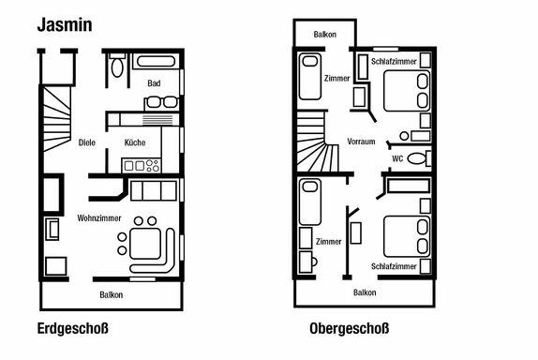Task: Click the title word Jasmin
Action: click(65, 25)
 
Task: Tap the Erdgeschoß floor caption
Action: click(73, 328)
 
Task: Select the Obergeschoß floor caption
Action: click(350, 328)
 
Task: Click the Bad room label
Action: click(154, 83)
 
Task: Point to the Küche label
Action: click(135, 142)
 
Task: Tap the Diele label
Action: click(87, 142)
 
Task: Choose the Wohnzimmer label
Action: click(99, 218)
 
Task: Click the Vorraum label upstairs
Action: click(361, 142)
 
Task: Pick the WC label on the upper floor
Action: click(397, 158)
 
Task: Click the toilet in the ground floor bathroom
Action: click(117, 66)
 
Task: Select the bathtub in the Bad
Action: click(157, 61)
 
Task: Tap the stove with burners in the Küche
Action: click(141, 165)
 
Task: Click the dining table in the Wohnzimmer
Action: click(144, 244)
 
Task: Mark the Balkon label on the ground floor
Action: click(112, 294)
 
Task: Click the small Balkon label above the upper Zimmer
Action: click(324, 35)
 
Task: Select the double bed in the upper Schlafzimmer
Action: click(407, 91)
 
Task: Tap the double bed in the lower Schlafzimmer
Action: click(407, 236)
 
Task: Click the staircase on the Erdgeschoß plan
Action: click(57, 119)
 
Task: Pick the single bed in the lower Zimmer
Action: click(310, 202)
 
